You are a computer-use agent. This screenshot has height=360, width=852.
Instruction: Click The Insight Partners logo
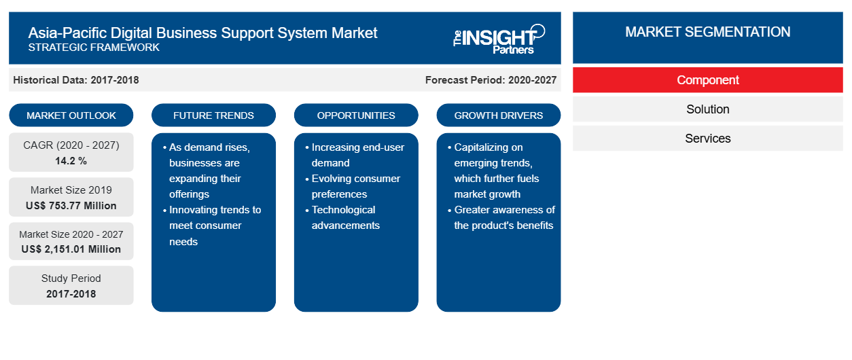coord(499,39)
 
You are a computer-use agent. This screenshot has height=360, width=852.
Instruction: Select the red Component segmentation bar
coord(707,80)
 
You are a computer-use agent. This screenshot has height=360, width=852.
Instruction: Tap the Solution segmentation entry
coord(707,109)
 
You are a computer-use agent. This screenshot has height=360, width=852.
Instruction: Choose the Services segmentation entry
coord(707,139)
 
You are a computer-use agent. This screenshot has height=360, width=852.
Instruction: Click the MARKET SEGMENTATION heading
coord(707,32)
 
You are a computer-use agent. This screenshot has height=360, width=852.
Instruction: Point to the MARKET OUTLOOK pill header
coord(71,115)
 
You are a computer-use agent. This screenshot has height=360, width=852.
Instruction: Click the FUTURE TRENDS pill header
coord(213,115)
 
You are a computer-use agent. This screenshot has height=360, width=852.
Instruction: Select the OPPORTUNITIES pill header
coord(356,115)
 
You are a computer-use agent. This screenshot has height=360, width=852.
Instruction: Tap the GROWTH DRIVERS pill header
coord(498,115)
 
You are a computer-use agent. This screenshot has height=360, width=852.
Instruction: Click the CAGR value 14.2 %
coord(71,161)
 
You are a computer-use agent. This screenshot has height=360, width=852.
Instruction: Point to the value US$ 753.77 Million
coord(71,206)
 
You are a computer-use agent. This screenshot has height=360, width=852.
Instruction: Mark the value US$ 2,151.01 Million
coord(71,249)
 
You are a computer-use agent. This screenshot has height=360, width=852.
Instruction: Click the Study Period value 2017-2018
coord(71,294)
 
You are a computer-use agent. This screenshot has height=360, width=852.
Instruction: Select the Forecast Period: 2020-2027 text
coord(491,80)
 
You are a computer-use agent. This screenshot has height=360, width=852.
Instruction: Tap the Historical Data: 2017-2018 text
coord(76,80)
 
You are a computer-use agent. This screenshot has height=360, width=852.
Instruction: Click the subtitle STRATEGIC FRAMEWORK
coord(94,48)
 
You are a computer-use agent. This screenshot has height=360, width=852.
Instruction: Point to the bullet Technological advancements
coord(342,217)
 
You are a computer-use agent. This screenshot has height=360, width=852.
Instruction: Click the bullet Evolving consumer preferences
coord(353,186)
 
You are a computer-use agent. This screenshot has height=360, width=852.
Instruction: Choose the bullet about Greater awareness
coord(501,217)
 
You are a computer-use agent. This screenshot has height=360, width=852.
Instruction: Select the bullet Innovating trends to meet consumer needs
coord(212,226)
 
